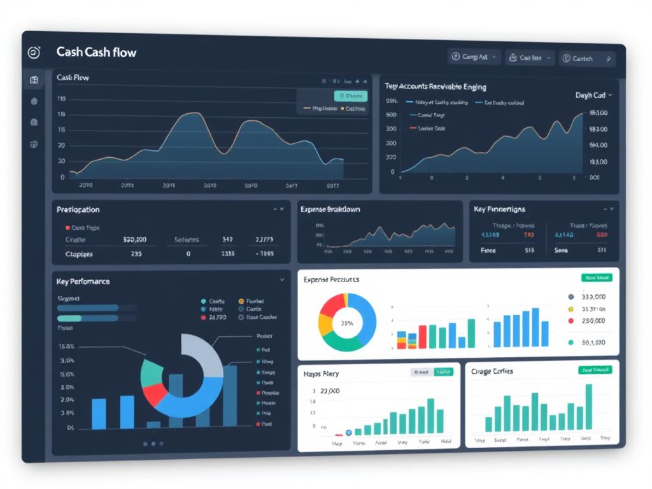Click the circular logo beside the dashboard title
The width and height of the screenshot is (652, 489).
34,53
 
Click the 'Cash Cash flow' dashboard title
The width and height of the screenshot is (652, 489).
96,52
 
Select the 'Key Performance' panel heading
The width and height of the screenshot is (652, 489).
83,281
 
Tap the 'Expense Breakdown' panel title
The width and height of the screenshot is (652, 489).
330,209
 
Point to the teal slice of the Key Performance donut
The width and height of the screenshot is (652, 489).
152,372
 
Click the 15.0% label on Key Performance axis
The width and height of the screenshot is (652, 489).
66,346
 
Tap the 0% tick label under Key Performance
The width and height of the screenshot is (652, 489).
70,428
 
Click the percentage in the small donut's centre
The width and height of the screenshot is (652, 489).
347,323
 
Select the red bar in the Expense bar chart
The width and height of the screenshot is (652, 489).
422,336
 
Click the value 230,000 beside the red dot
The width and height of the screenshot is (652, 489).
593,321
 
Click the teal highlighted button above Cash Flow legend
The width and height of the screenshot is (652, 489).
351,96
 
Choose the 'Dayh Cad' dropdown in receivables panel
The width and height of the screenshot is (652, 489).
593,95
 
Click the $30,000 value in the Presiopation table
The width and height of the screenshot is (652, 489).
134,239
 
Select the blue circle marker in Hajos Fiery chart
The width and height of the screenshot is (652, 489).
348,432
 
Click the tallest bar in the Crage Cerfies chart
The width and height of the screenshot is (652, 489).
589,407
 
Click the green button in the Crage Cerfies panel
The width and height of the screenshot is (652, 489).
595,370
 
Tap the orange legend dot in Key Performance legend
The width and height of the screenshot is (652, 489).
241,301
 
